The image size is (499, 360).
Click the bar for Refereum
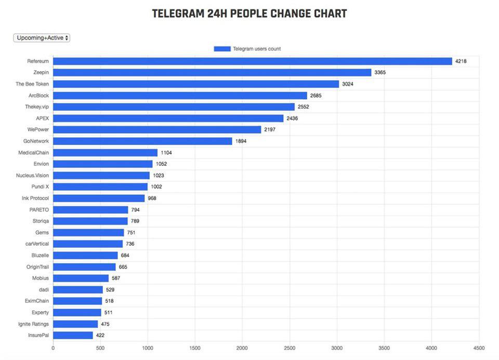pos(253,61)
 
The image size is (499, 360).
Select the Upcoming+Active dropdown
pos(42,38)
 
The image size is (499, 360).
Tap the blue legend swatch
pos(222,49)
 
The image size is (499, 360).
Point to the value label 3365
pos(380,73)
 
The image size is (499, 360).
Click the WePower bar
pos(157,130)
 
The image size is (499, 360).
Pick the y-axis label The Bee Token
pos(32,84)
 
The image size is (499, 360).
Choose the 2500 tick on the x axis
pos(290,349)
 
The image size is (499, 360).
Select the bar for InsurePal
pos(73,336)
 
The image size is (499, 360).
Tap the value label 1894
pos(241,141)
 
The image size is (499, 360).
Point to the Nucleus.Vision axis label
pos(32,176)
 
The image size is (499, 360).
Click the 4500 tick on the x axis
pos(479,349)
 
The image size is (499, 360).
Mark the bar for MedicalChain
pos(105,153)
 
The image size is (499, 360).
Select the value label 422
pos(100,336)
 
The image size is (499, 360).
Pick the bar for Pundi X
pos(100,187)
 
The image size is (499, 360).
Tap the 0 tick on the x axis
pos(53,349)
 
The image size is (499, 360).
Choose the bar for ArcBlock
pos(180,96)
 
